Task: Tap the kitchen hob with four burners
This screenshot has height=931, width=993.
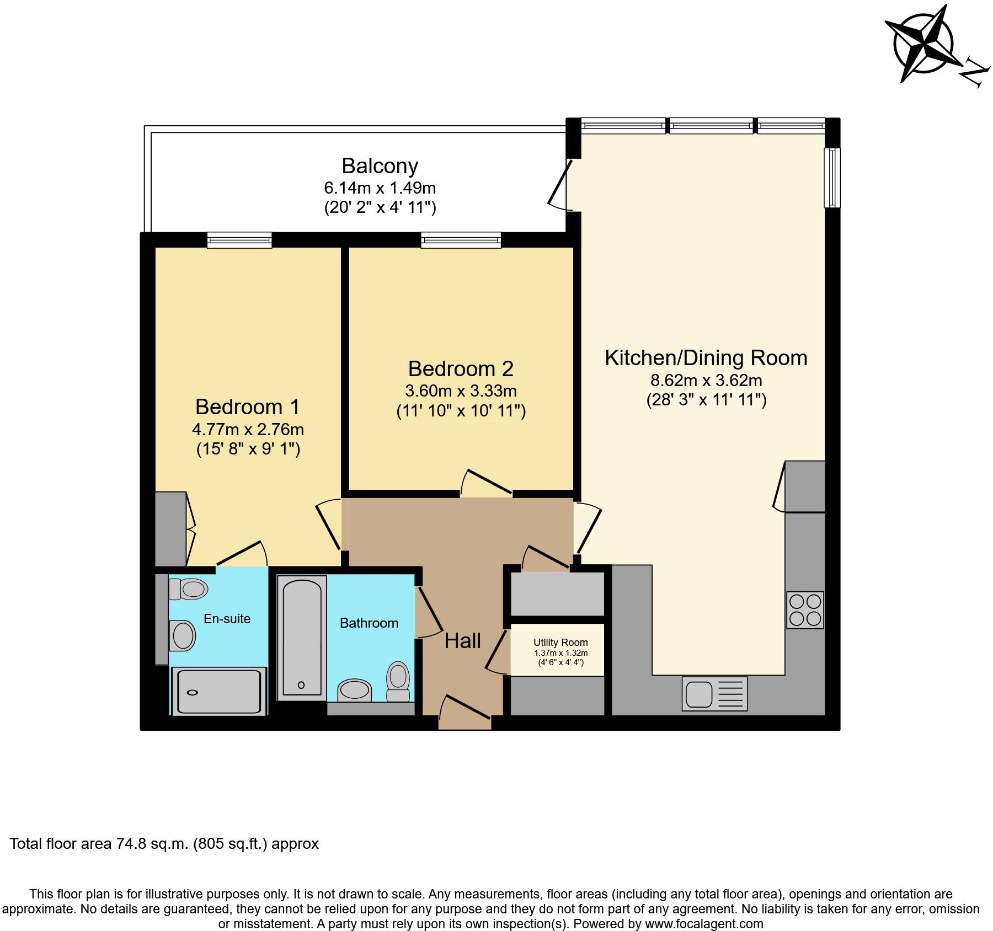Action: point(805,610)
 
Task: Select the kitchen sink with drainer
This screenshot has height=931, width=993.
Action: point(715,693)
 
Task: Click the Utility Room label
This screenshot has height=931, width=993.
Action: point(560,643)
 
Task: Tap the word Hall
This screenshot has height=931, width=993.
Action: point(462,641)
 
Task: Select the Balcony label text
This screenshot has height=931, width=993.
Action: point(380,166)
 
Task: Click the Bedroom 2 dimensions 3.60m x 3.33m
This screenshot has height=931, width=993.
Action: point(461,391)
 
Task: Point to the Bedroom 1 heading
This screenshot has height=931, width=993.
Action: point(248,407)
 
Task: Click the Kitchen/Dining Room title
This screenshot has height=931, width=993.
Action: point(706,358)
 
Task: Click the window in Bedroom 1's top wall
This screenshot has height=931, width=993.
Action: point(239,240)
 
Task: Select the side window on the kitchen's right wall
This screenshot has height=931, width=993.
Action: point(832,177)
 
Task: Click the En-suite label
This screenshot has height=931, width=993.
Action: point(227,619)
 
